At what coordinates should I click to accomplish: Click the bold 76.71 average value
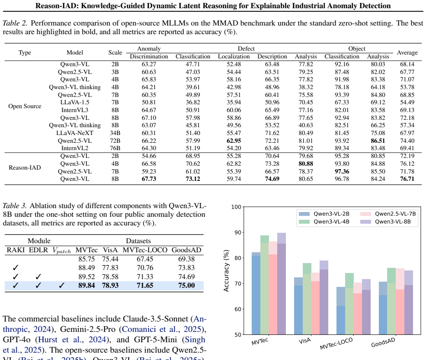407,179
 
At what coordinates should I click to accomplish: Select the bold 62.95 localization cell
234,141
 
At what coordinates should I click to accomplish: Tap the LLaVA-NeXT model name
75,133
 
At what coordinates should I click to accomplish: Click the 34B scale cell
115,133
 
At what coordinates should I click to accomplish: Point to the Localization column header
234,56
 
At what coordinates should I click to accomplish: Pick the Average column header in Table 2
407,52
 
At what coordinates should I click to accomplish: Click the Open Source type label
25,106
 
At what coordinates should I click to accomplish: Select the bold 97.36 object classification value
342,171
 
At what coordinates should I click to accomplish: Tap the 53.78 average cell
407,87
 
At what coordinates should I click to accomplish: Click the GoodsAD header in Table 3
186,250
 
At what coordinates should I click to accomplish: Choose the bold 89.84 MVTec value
86,285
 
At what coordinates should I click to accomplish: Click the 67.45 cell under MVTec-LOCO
145,259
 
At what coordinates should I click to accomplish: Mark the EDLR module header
38,250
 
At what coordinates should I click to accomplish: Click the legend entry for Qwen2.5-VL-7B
388,214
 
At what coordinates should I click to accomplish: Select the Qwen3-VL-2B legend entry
324,214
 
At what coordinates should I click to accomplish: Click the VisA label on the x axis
304,341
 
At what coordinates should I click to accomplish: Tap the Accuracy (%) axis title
226,271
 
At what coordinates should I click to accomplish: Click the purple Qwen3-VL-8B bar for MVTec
282,283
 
